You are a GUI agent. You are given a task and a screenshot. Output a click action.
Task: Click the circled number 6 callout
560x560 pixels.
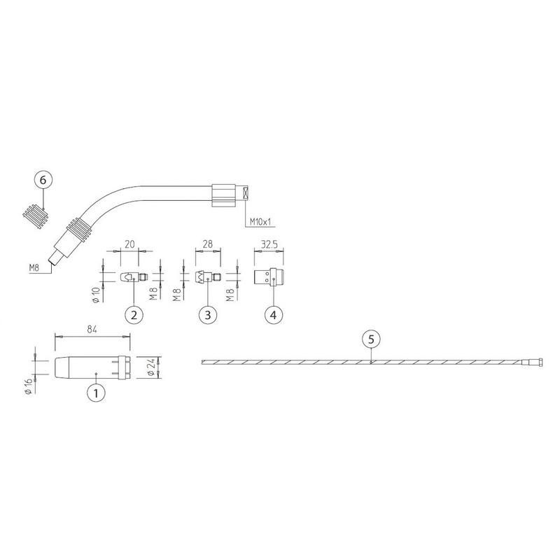pyautogui.click(x=43, y=180)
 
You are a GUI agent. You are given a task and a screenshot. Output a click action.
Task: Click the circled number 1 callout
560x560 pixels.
pyautogui.click(x=96, y=393)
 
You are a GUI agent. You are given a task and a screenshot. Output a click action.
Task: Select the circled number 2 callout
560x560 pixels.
pyautogui.click(x=134, y=315)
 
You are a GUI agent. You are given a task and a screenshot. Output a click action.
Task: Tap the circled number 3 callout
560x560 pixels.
pyautogui.click(x=207, y=315)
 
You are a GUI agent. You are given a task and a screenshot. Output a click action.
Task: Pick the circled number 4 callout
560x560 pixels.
pyautogui.click(x=274, y=315)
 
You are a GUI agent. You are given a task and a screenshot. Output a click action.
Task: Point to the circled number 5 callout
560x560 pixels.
pyautogui.click(x=371, y=339)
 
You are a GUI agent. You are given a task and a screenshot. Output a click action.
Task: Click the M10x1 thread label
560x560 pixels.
pyautogui.click(x=260, y=222)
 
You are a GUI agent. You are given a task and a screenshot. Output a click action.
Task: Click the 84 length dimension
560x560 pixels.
pyautogui.click(x=92, y=328)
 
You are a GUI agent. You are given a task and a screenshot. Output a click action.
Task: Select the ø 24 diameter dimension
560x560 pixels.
pyautogui.click(x=150, y=367)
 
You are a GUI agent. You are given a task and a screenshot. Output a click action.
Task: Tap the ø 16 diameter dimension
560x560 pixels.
pyautogui.click(x=29, y=386)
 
